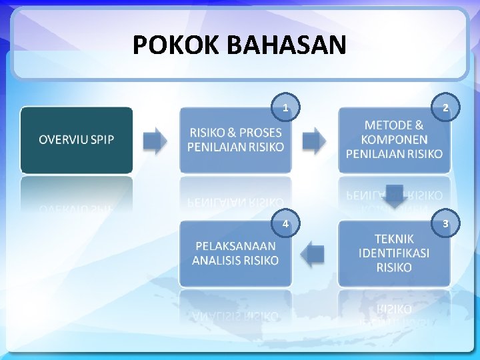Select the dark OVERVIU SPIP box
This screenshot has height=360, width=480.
coord(76,140)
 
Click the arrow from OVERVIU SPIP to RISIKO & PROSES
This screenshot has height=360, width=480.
coord(155,140)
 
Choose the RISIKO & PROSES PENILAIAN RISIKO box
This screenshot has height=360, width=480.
coord(235,140)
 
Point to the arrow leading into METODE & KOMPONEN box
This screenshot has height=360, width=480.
coord(314,140)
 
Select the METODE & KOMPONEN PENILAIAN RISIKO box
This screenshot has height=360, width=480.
coord(394,140)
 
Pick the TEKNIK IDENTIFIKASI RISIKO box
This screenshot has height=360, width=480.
coord(394,253)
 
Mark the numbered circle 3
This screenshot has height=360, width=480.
coord(445,224)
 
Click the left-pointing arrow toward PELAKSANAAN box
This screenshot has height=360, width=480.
coord(313,253)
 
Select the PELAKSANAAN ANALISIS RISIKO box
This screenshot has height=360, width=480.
coord(235,253)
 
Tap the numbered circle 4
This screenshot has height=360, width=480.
coord(285,224)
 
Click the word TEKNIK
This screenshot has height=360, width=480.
coord(394,239)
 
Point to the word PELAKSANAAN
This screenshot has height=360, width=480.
coord(235,246)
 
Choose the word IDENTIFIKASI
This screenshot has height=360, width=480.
coord(394,253)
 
